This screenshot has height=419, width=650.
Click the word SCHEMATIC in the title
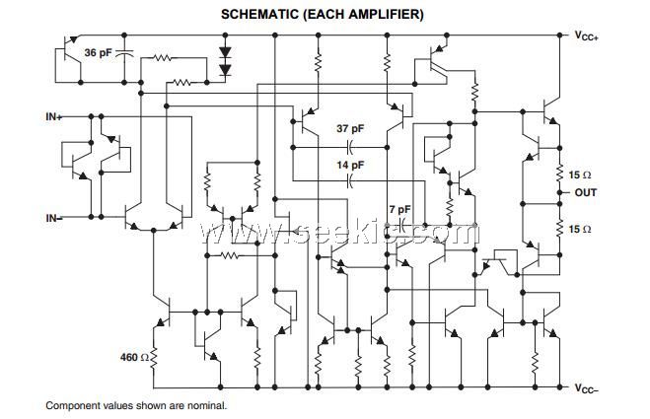259,14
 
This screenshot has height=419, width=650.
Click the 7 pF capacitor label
399,210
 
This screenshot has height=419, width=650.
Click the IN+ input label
54,116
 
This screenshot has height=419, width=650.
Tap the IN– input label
54,217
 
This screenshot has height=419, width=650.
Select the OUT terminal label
587,192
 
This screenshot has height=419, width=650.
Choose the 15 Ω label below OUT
580,229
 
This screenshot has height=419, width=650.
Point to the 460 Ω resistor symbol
155,356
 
